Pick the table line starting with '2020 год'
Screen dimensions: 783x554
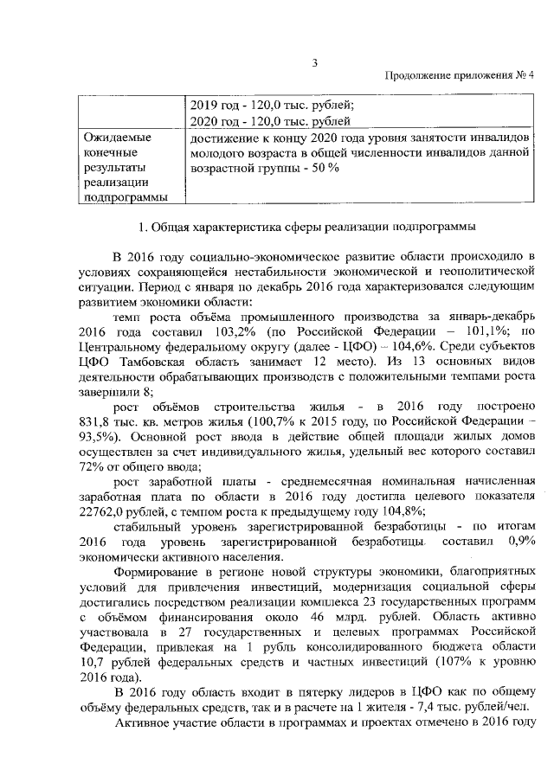coord(271,121)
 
